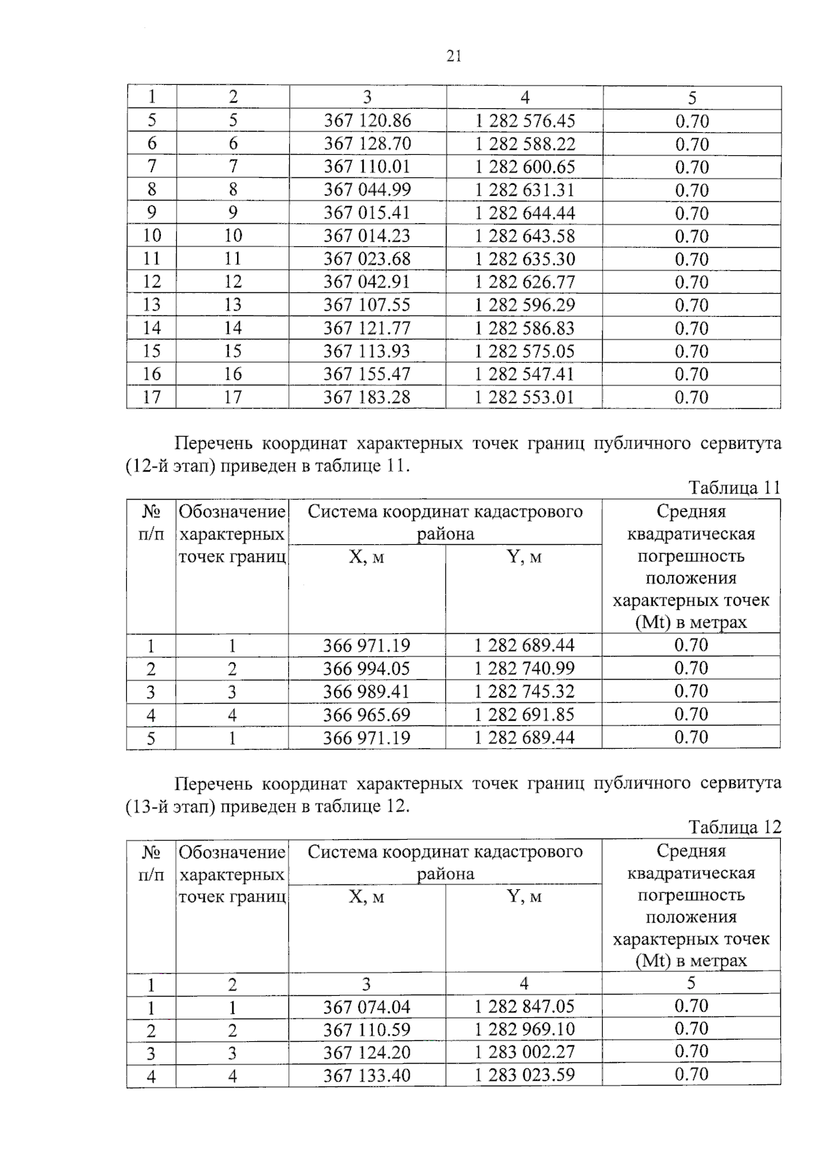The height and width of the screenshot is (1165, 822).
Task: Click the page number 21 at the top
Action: (453, 57)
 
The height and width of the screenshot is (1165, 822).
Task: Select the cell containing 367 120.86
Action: (367, 121)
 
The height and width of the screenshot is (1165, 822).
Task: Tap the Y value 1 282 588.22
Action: (525, 144)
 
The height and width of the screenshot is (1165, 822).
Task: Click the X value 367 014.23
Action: (367, 236)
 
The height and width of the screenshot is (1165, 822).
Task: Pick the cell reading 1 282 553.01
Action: (525, 397)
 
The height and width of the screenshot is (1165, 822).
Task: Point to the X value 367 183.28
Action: (367, 397)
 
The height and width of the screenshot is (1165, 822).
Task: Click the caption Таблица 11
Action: (734, 488)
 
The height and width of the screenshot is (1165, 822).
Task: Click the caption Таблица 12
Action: (734, 828)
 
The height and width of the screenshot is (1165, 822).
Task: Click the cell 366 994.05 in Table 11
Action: (367, 669)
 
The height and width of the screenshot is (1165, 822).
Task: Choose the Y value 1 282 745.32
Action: (525, 691)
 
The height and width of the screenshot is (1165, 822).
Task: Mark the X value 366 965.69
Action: (367, 715)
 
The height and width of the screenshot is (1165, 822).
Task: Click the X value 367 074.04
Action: (367, 1007)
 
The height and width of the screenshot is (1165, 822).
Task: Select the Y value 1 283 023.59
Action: (525, 1075)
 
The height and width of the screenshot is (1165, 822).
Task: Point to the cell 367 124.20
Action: (367, 1052)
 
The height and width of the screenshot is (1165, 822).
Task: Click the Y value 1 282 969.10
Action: (525, 1029)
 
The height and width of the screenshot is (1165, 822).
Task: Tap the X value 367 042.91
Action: (367, 282)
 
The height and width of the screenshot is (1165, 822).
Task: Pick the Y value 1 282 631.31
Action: (525, 190)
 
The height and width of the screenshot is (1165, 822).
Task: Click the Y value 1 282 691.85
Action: (525, 715)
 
